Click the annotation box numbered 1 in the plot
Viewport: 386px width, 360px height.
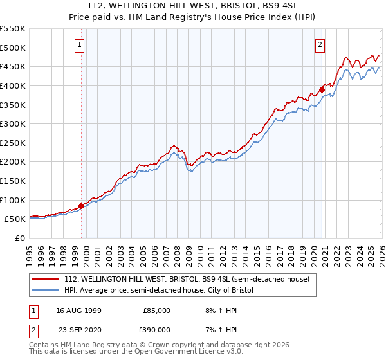pyautogui.click(x=79, y=44)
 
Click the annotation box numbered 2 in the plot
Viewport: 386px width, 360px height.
pyautogui.click(x=320, y=44)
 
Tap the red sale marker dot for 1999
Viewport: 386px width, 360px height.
pyautogui.click(x=82, y=206)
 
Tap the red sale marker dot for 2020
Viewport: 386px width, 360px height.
pyautogui.click(x=322, y=89)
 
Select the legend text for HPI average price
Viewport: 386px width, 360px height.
pyautogui.click(x=159, y=291)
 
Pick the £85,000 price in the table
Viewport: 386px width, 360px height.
pyautogui.click(x=156, y=310)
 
